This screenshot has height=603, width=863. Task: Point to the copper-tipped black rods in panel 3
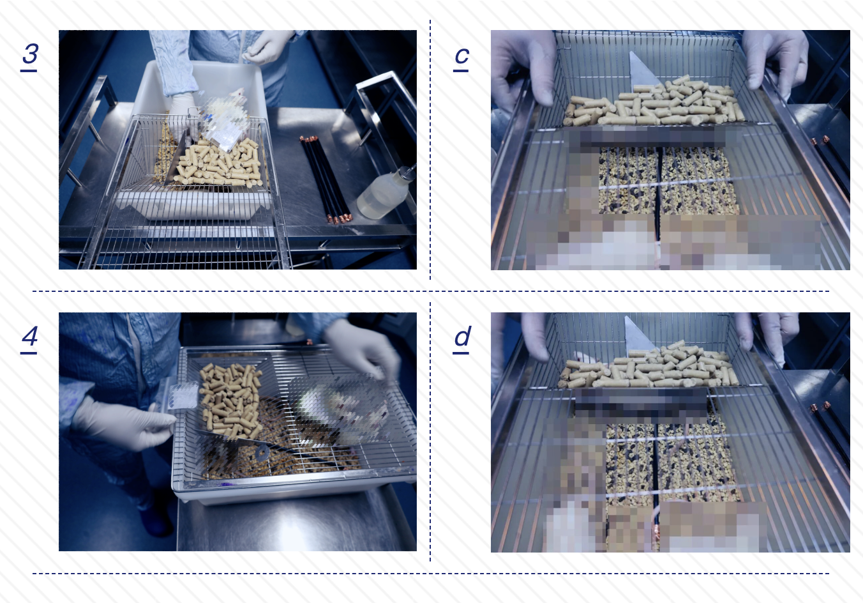[326, 179]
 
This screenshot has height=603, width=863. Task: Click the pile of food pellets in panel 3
[218, 163]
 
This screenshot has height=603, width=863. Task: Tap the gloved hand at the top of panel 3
[269, 46]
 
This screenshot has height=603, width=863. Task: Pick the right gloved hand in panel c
[774, 62]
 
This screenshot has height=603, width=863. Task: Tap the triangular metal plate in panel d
[638, 335]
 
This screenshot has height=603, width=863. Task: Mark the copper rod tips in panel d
[820, 406]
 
